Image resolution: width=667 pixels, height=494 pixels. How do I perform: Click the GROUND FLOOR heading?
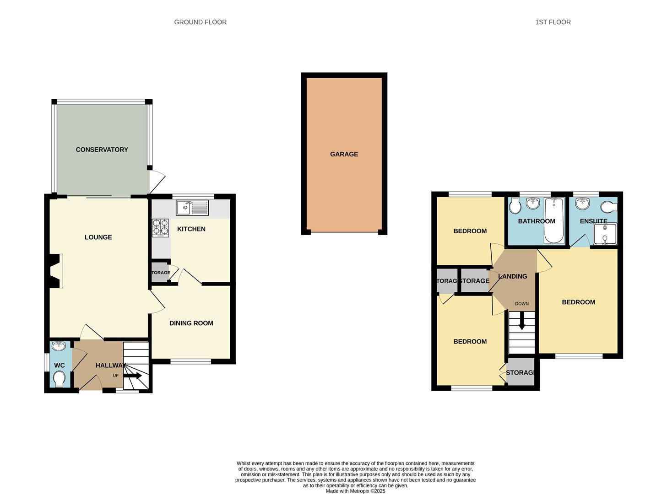(x=200, y=22)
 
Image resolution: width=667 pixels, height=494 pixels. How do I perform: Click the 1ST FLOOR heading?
(x=553, y=22)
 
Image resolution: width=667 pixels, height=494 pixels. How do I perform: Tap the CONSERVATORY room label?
(x=102, y=150)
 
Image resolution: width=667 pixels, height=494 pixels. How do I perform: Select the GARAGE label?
(x=344, y=154)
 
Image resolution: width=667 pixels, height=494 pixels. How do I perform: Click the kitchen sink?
(x=192, y=208)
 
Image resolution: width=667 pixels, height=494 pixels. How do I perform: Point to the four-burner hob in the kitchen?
(x=160, y=227)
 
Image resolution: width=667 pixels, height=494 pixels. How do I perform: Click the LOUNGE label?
(x=98, y=237)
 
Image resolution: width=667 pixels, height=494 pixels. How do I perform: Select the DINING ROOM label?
(x=191, y=323)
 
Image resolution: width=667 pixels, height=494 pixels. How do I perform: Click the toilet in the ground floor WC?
(x=59, y=379)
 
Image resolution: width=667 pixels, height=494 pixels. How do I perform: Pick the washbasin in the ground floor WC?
(x=59, y=346)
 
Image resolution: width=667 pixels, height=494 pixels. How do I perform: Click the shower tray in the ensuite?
(x=604, y=234)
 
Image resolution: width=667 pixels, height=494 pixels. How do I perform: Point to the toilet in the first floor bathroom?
(x=515, y=207)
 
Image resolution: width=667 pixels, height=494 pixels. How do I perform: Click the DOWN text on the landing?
(x=521, y=304)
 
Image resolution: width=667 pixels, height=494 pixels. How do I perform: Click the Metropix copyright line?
(x=355, y=491)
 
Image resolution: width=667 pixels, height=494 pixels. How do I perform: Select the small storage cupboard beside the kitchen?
(x=160, y=273)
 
